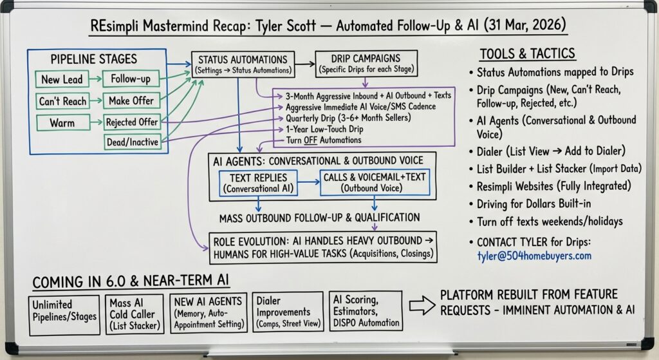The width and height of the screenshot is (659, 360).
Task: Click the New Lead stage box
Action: point(62,79)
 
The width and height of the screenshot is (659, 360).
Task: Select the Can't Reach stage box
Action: point(62,101)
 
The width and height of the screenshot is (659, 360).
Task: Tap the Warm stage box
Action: point(62,122)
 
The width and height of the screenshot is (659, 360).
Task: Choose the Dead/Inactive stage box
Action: point(132,142)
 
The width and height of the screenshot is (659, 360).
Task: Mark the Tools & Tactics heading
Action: point(527,53)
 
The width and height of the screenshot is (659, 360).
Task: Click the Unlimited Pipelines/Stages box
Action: point(64,314)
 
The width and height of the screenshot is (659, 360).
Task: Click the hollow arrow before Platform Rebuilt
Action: point(422,307)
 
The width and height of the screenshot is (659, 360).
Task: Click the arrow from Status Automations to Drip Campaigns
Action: point(305,65)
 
